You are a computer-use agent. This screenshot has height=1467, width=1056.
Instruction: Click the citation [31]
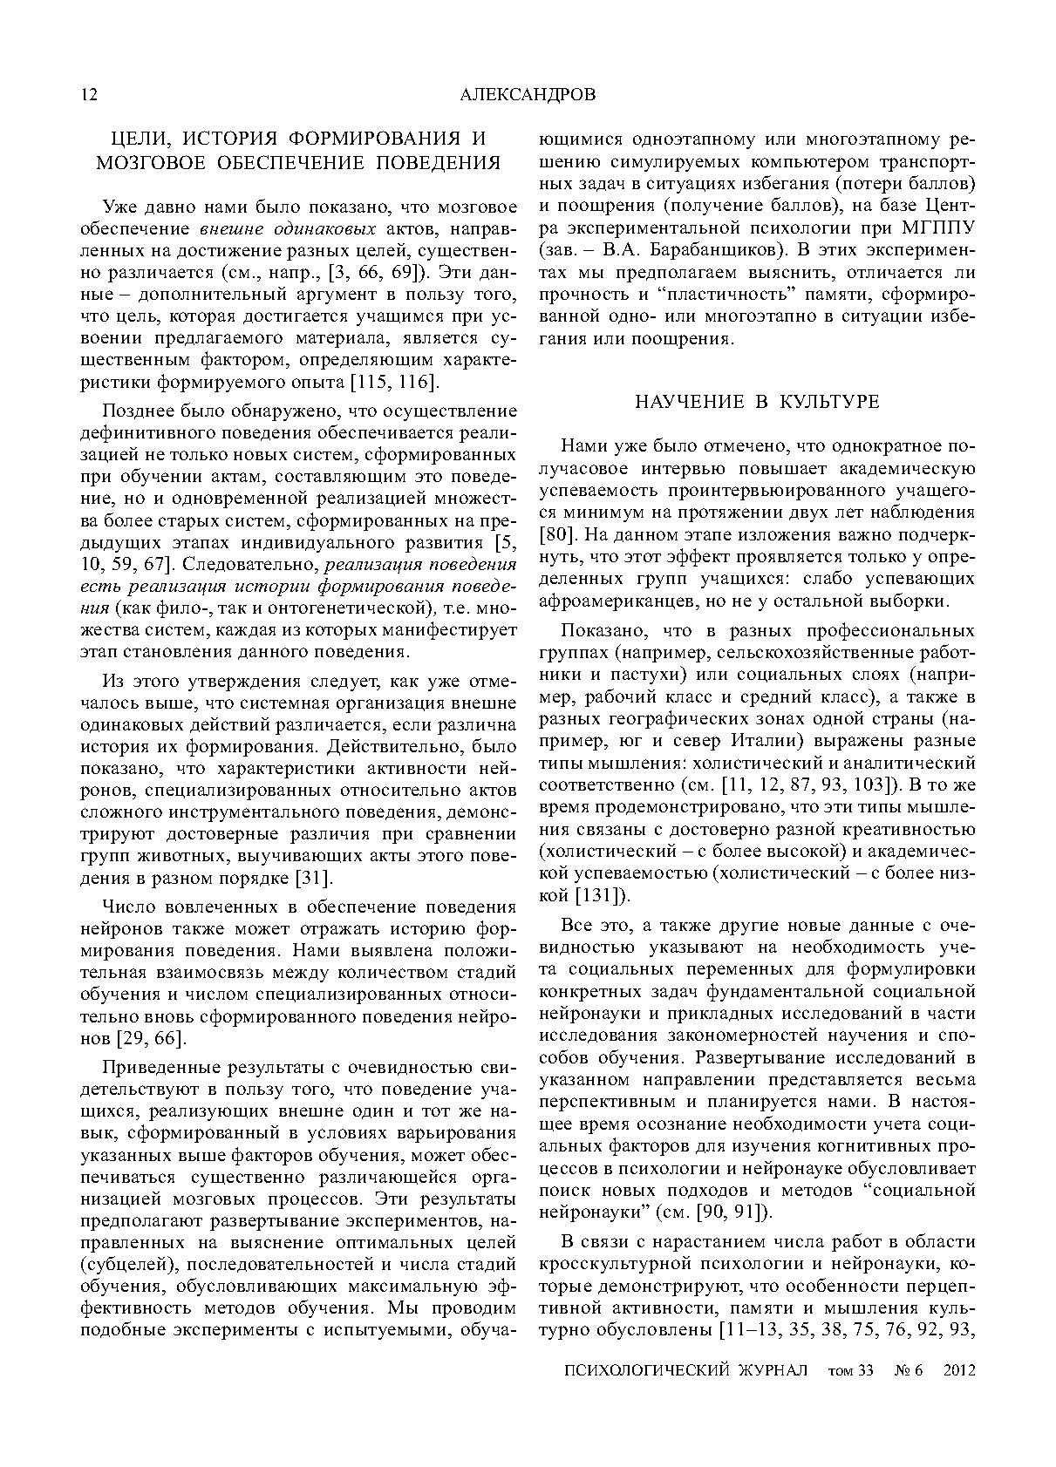[311, 878]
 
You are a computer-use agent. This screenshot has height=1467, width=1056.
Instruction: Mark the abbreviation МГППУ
[937, 228]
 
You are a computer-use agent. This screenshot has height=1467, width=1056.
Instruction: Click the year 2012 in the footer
[958, 1369]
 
